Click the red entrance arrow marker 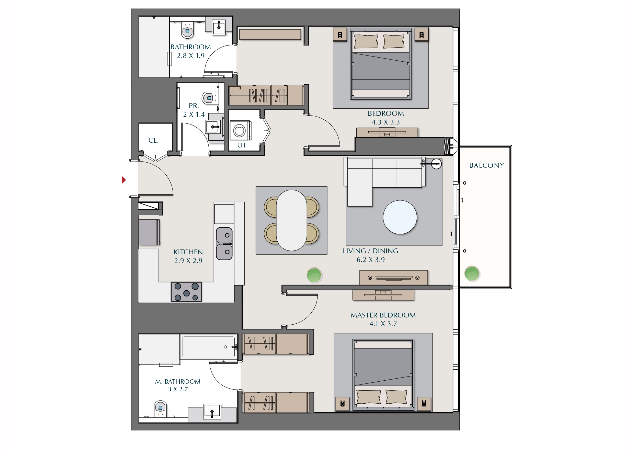[123, 180]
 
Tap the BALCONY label [486, 165]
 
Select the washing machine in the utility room [241, 130]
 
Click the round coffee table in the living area [400, 217]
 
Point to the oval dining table [291, 220]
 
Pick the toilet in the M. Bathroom [160, 409]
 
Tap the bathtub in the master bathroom [209, 347]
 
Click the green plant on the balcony [472, 273]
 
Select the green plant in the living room [314, 275]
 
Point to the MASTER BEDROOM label [383, 315]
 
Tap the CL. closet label [153, 140]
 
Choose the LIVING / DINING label [370, 251]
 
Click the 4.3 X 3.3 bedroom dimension [386, 122]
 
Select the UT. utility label [242, 145]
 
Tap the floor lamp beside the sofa [436, 164]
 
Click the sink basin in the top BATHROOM [219, 27]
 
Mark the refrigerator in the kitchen [150, 232]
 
